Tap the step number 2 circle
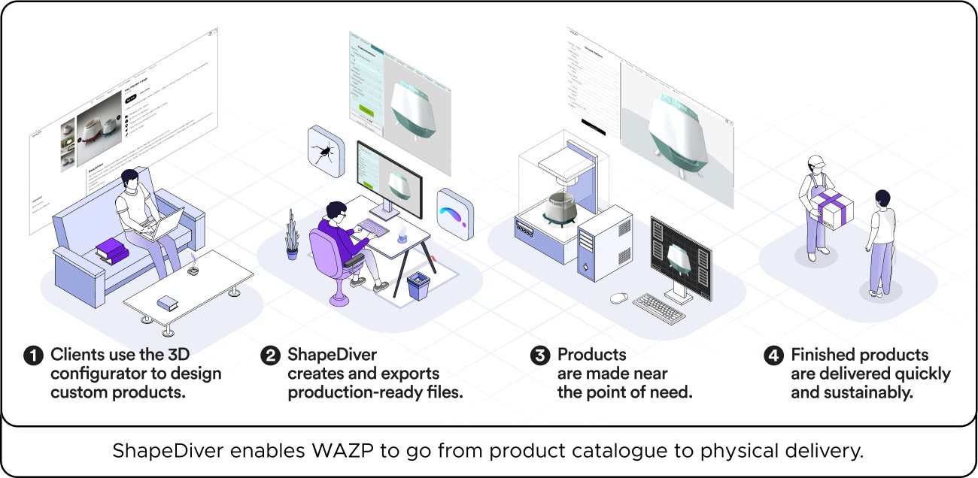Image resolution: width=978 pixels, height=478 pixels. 270,355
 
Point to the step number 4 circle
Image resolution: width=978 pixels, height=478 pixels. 773,355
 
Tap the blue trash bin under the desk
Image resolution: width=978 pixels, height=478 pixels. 417,286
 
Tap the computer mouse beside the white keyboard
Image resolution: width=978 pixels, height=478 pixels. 618,298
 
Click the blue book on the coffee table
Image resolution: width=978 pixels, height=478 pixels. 166,302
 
